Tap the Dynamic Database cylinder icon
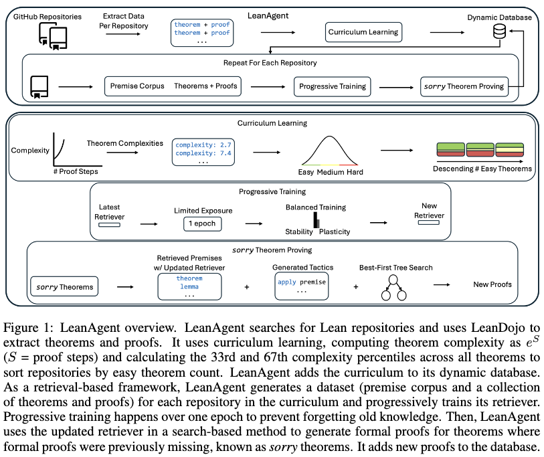coord(498,31)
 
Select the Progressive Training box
coord(333,86)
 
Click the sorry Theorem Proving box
coord(464,86)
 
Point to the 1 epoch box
coord(202,223)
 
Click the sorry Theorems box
coord(62,287)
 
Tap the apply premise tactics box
coord(301,286)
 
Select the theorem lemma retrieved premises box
coord(189,286)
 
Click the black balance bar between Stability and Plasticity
coord(316,220)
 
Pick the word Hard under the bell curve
coord(355,172)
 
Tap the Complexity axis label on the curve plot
coord(30,151)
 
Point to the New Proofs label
coord(492,284)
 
